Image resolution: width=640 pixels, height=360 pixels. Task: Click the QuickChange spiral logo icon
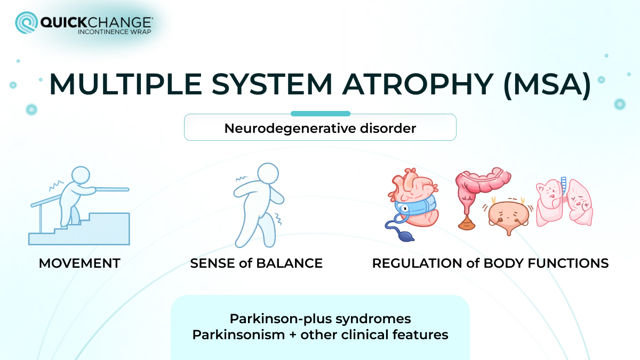coord(26,23)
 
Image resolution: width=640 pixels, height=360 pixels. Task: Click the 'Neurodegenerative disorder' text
coord(320,129)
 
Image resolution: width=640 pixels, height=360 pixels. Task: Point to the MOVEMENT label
coord(79,263)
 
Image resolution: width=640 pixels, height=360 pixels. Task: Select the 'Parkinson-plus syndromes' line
coord(320,318)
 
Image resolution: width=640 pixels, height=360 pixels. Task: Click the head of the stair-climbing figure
coord(81,175)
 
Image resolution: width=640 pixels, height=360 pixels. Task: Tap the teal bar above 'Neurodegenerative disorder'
coord(320,114)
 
